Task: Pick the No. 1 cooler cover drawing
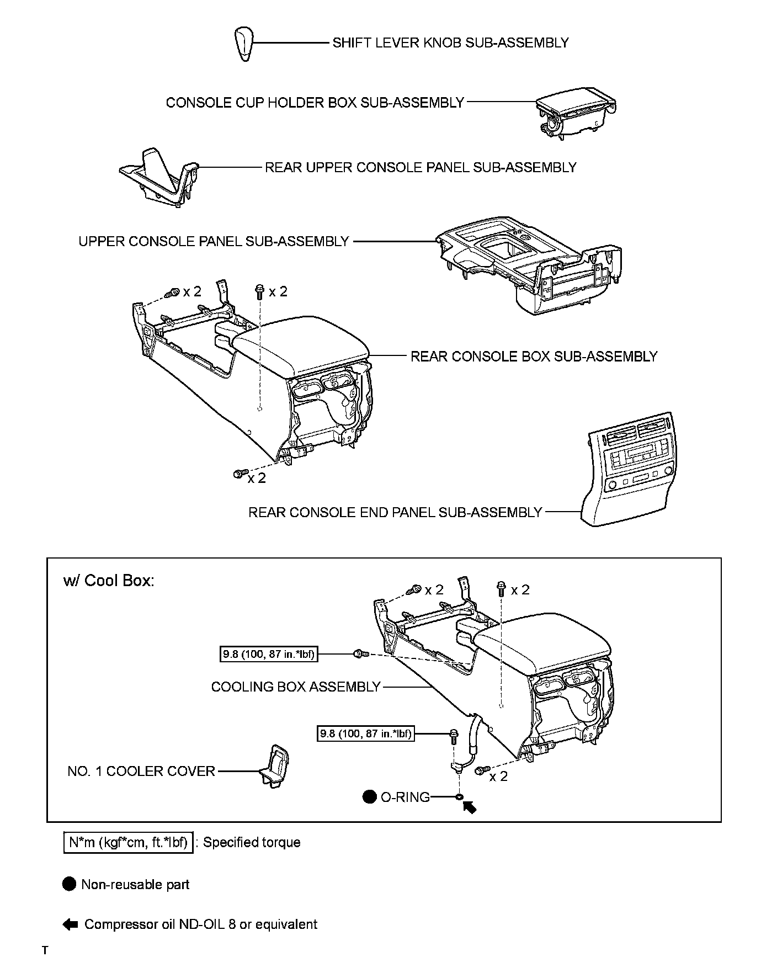tap(275, 768)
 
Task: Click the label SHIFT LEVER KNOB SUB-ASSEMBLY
tap(450, 43)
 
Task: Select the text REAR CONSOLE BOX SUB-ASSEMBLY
tap(534, 357)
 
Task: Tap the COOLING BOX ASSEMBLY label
tap(296, 687)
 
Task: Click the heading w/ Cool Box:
tap(109, 581)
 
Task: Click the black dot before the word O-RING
tap(369, 797)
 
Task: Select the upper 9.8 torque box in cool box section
tap(268, 655)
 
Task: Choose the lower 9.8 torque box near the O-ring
tap(365, 733)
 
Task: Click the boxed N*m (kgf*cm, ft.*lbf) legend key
tap(129, 842)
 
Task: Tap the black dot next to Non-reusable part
tap(69, 884)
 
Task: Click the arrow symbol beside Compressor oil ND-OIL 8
tap(70, 924)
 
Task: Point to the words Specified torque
tap(252, 842)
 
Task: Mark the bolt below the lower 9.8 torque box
tap(453, 736)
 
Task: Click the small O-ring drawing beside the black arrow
tap(459, 797)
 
